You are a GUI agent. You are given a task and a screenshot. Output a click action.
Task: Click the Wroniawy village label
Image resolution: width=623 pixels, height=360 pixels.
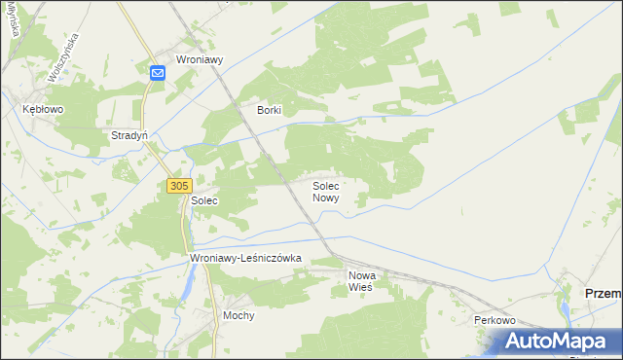[200, 59]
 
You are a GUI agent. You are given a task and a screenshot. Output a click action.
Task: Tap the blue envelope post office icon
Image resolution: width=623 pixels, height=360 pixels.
[158, 73]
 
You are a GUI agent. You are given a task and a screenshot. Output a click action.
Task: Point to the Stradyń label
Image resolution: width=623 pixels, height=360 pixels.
[129, 135]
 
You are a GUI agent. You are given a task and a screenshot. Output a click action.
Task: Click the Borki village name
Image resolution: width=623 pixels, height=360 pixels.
[269, 111]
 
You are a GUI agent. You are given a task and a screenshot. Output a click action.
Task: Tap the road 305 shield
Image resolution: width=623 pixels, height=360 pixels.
[178, 185]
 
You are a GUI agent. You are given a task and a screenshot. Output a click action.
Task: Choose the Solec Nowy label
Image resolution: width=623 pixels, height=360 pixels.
[325, 191]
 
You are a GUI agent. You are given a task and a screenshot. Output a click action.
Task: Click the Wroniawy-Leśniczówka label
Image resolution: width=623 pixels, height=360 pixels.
[247, 259]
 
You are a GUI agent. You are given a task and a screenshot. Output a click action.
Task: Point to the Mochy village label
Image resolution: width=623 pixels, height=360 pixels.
[238, 316]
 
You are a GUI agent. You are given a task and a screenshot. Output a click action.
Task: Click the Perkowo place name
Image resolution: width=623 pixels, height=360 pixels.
[494, 320]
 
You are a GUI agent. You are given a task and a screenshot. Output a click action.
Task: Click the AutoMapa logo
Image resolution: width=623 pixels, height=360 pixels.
[557, 342]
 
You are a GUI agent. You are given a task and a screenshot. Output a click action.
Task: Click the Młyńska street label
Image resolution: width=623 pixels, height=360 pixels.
[12, 18]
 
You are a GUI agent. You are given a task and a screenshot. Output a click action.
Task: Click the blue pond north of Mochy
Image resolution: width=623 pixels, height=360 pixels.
[192, 285]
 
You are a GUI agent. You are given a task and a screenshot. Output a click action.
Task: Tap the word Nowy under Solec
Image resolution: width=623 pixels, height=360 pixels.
[325, 198]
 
